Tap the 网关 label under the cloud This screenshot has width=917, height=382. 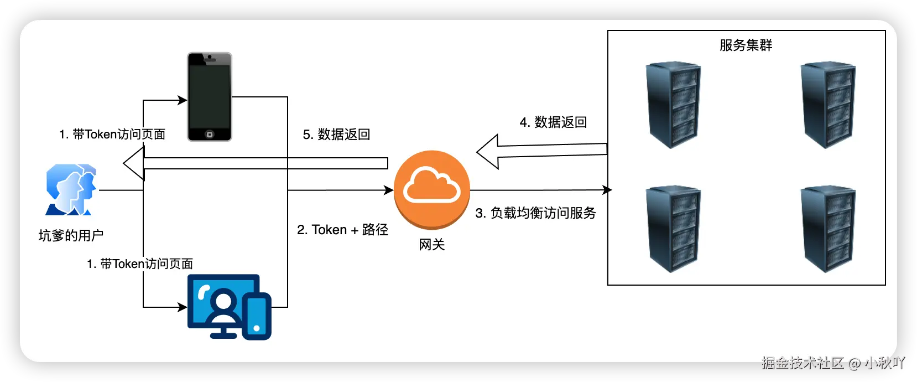point(431,245)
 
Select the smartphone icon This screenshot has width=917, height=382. point(209,97)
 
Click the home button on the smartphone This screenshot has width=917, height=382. point(209,135)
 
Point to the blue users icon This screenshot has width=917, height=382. point(71,189)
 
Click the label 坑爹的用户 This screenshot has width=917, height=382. point(71,235)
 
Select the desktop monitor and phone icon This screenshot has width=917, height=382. point(229,307)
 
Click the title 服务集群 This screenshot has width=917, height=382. point(746,45)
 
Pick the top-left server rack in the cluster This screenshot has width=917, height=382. point(673,105)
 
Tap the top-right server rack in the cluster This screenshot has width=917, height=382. point(828,105)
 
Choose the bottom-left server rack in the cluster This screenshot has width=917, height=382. point(673,229)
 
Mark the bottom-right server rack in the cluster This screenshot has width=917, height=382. point(828,229)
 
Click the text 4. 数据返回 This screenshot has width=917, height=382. point(553,122)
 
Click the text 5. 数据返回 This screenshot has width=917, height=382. point(336,135)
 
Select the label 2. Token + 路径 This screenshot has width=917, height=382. point(342,230)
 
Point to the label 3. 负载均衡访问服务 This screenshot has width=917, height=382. point(535,213)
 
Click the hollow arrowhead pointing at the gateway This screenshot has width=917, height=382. point(488,151)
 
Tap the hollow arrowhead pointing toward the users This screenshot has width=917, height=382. point(133,163)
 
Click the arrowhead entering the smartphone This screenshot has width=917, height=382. point(182,100)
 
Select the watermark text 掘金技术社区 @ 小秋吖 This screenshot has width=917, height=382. point(832,363)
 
